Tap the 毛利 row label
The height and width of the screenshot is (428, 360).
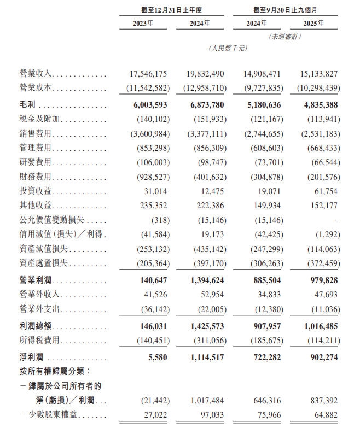click(x=26, y=103)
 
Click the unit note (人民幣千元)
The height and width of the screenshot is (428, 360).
click(x=228, y=48)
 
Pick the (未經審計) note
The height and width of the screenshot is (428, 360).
click(x=284, y=36)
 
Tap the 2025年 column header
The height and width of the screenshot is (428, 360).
click(x=313, y=23)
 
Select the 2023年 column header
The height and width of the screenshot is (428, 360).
click(x=143, y=23)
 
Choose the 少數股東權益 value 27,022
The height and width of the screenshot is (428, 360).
click(x=155, y=414)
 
